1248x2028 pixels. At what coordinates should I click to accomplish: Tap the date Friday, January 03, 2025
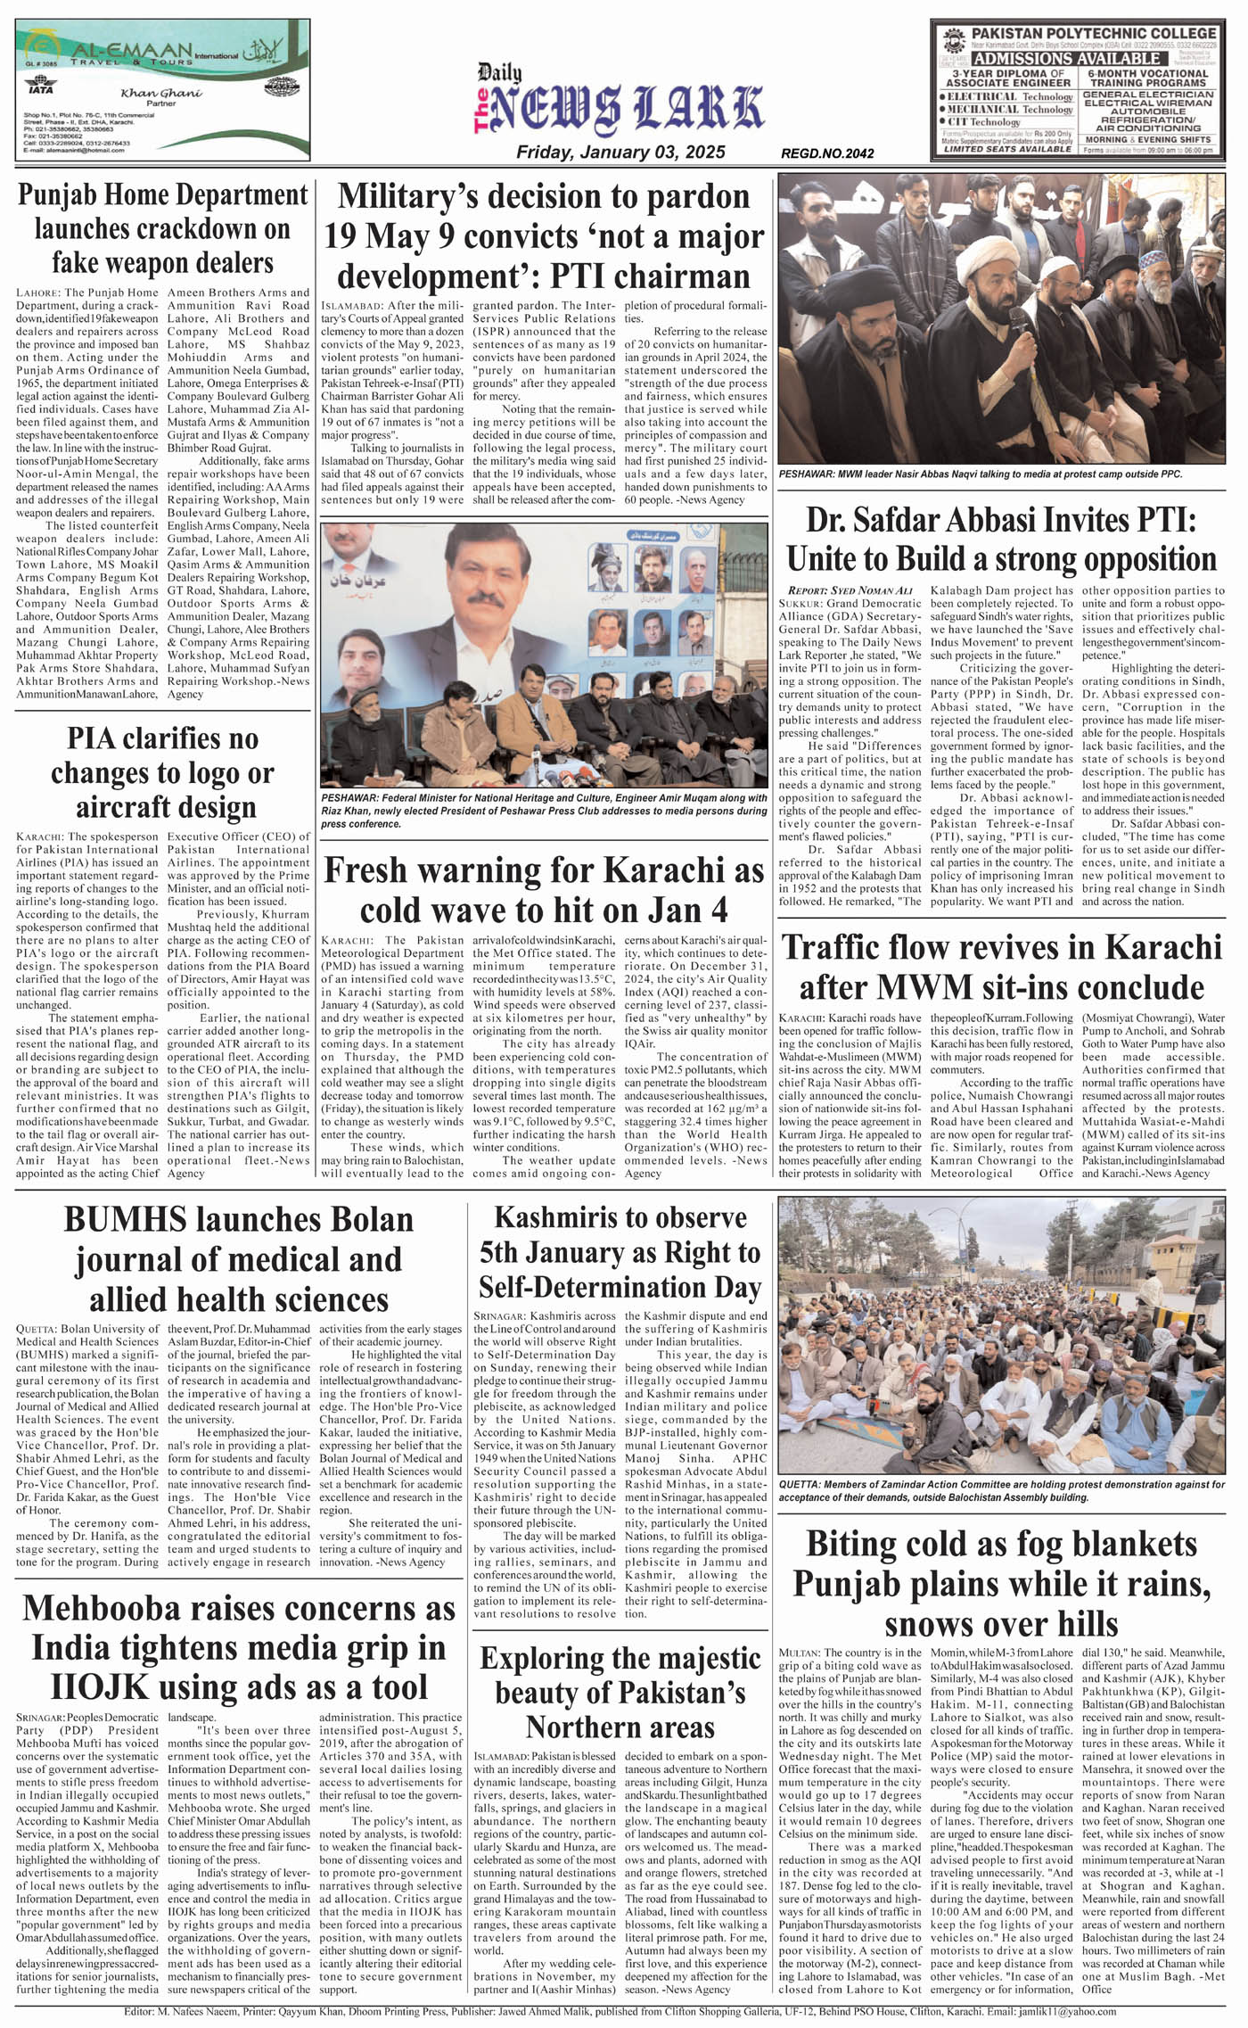620,153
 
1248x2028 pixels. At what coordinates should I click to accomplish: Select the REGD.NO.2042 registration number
826,153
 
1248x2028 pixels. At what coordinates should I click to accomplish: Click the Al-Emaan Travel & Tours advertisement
162,90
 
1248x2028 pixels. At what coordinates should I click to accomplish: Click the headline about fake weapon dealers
162,229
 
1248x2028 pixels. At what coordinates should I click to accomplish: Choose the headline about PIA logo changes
162,772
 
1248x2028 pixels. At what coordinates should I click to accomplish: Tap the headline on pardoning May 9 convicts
544,235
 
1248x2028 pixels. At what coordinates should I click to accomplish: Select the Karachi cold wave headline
544,890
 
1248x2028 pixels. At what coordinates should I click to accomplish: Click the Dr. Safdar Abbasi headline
1001,540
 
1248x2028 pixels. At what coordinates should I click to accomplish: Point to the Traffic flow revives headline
1001,967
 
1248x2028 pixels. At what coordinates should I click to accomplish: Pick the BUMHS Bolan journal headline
239,1258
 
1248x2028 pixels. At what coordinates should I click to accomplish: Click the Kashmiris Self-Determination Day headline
620,1252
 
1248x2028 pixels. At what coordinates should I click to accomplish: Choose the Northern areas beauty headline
620,1692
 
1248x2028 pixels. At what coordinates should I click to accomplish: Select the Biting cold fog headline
1001,1584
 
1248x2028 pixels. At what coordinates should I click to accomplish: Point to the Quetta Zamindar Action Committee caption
1001,1490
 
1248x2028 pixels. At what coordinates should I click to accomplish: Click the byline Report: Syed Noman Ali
850,590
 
